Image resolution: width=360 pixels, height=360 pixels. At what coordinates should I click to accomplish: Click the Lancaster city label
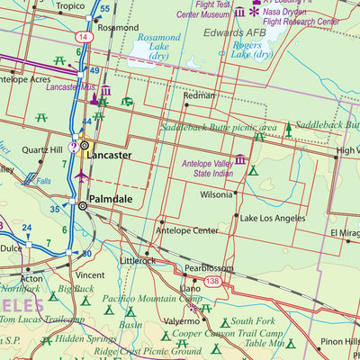pos(111,155)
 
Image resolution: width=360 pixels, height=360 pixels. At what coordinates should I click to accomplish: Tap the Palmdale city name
pos(111,198)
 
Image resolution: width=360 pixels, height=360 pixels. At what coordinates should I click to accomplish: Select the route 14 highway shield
pos(83,37)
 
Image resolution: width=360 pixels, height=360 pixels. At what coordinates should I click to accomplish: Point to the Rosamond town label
pos(118,28)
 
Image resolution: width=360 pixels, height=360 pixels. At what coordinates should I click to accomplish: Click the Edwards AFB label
pos(237,32)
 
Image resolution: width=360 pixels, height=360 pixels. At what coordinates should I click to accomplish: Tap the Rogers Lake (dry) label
pos(252,49)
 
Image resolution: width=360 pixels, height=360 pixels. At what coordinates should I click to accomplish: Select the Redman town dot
pos(186,104)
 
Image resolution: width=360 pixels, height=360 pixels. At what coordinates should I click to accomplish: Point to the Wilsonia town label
pos(216,194)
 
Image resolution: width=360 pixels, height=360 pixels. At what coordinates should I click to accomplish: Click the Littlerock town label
pos(138,261)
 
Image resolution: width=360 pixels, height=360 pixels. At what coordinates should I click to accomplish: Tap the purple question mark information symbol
pos(74,146)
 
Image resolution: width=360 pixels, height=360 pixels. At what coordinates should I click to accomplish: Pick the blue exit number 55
pos(105,9)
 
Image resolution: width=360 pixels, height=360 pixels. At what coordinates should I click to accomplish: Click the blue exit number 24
pos(26,229)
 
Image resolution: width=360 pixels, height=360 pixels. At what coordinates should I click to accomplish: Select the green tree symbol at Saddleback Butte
pos(288,130)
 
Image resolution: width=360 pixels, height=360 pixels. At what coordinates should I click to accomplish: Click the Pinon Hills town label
pos(340,342)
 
